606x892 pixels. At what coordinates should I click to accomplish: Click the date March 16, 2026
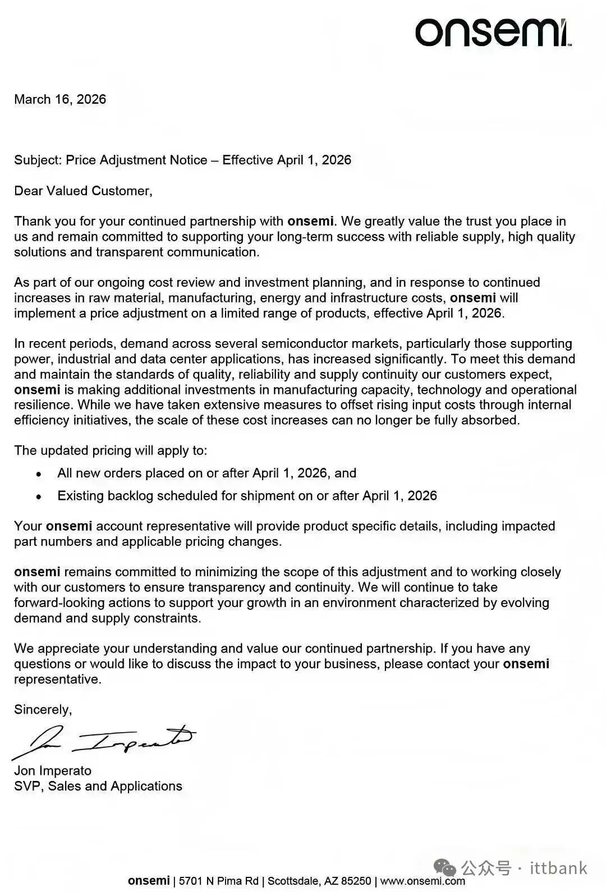(x=60, y=99)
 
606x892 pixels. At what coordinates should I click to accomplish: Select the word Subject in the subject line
(x=37, y=160)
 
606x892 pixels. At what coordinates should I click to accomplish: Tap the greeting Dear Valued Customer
(x=83, y=191)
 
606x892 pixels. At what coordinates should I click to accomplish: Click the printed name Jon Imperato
(x=53, y=771)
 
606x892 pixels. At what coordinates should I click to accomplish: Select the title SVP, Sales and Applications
(x=98, y=786)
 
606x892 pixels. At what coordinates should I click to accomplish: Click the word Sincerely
(x=43, y=710)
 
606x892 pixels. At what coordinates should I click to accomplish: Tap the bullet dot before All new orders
(x=39, y=474)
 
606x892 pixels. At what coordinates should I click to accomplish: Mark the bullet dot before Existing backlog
(x=39, y=496)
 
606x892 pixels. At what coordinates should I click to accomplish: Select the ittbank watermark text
(x=558, y=868)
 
